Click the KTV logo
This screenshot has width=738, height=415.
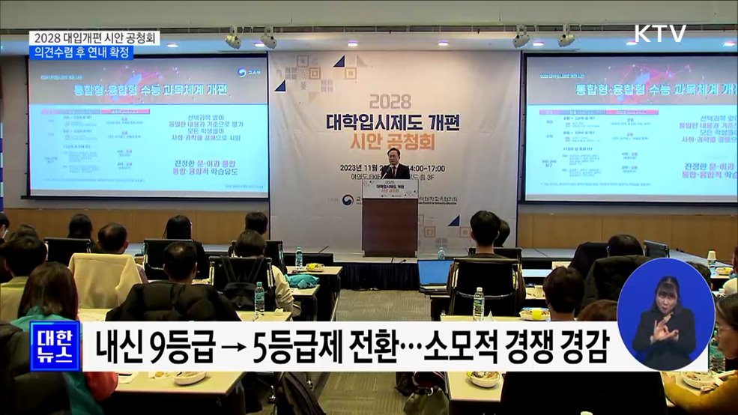[660, 34]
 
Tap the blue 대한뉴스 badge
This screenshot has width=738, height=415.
[55, 347]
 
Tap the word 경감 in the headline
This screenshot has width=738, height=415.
[581, 347]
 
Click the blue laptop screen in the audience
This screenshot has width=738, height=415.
[435, 275]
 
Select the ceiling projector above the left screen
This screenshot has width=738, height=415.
[234, 39]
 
